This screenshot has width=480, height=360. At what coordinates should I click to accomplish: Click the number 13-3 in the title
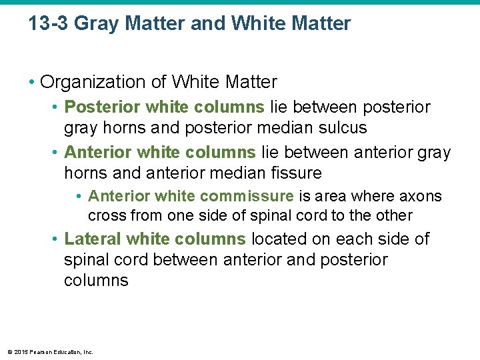[49, 24]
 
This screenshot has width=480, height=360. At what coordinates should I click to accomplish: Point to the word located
[280, 239]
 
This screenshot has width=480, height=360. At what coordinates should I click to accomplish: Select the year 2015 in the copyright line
[18, 352]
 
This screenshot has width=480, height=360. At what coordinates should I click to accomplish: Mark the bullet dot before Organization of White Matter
[32, 83]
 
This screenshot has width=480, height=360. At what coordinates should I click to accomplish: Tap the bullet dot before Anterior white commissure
[79, 197]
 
